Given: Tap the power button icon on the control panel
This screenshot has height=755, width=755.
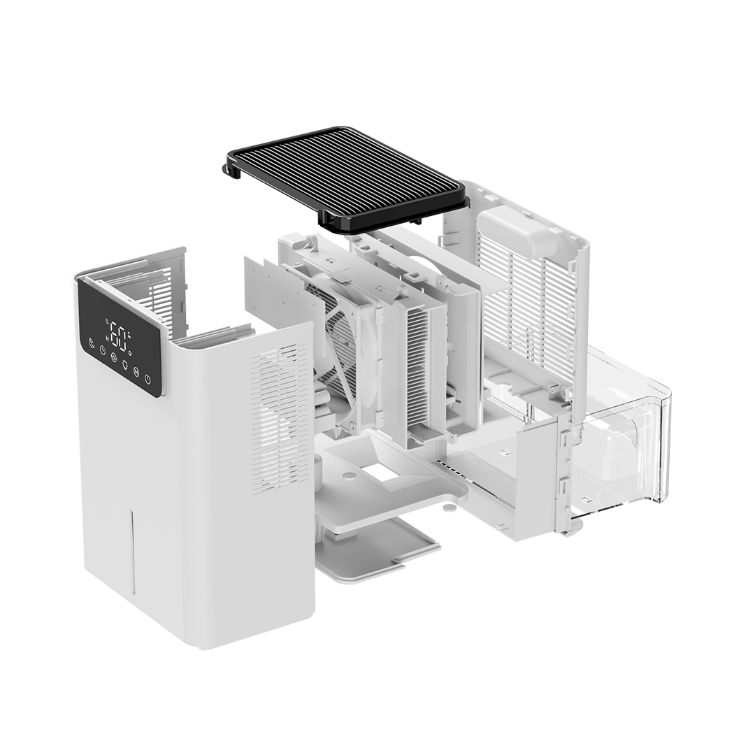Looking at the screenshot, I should (148, 380).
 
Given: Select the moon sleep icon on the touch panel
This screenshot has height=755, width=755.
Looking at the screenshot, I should (92, 343).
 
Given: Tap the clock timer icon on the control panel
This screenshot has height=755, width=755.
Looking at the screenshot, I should (102, 350).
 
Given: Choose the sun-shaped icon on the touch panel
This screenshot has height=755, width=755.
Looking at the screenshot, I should (125, 364).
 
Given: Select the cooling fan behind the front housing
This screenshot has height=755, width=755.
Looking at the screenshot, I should (343, 336).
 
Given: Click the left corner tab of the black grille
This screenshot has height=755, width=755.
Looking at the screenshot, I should (231, 170).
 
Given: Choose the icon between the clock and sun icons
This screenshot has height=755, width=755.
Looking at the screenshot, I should (113, 357).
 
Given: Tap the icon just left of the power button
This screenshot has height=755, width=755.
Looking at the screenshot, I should (136, 372).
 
